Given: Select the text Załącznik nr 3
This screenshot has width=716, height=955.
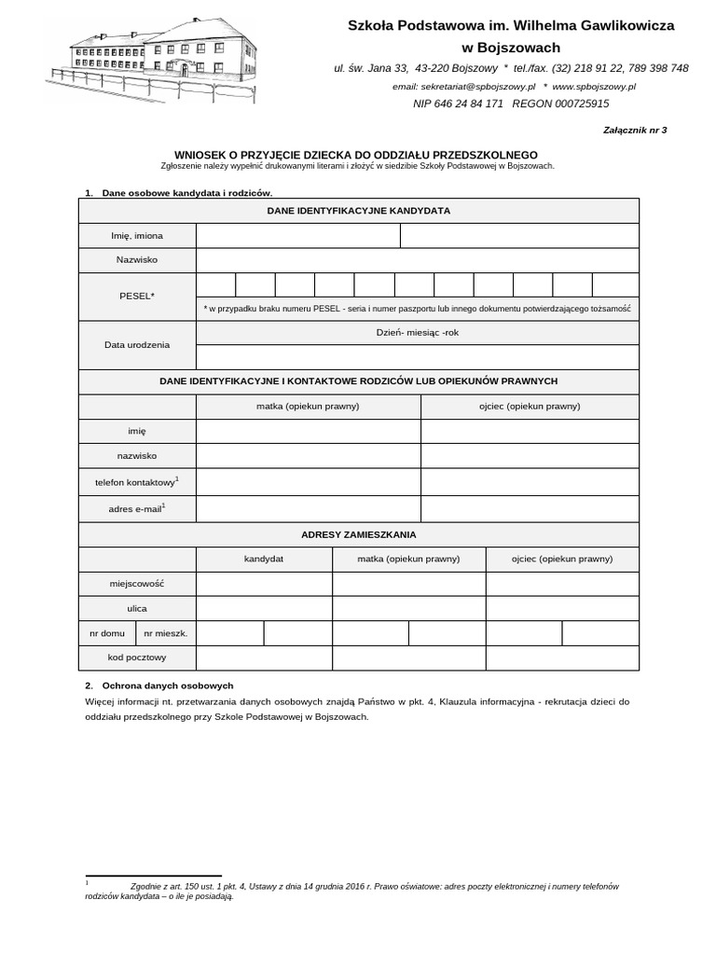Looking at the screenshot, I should [636, 131].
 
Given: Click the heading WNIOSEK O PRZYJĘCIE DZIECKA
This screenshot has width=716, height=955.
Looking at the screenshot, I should [356, 155].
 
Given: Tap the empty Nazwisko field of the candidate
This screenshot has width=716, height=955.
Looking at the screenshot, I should [417, 260].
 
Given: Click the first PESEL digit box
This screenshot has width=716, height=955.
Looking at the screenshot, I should [215, 284].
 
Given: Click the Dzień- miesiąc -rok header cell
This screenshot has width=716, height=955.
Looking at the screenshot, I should [417, 333].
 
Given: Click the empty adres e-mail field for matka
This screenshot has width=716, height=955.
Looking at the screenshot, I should [308, 508].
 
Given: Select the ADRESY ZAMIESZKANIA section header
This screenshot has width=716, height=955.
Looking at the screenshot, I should [359, 534].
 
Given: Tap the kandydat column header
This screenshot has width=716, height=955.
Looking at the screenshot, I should [264, 559].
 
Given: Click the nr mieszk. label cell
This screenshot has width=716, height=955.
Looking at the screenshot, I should [166, 633].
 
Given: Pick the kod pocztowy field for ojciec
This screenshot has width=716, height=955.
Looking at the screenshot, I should [561, 657].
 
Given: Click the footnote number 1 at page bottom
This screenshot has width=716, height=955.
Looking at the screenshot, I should [87, 880].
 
